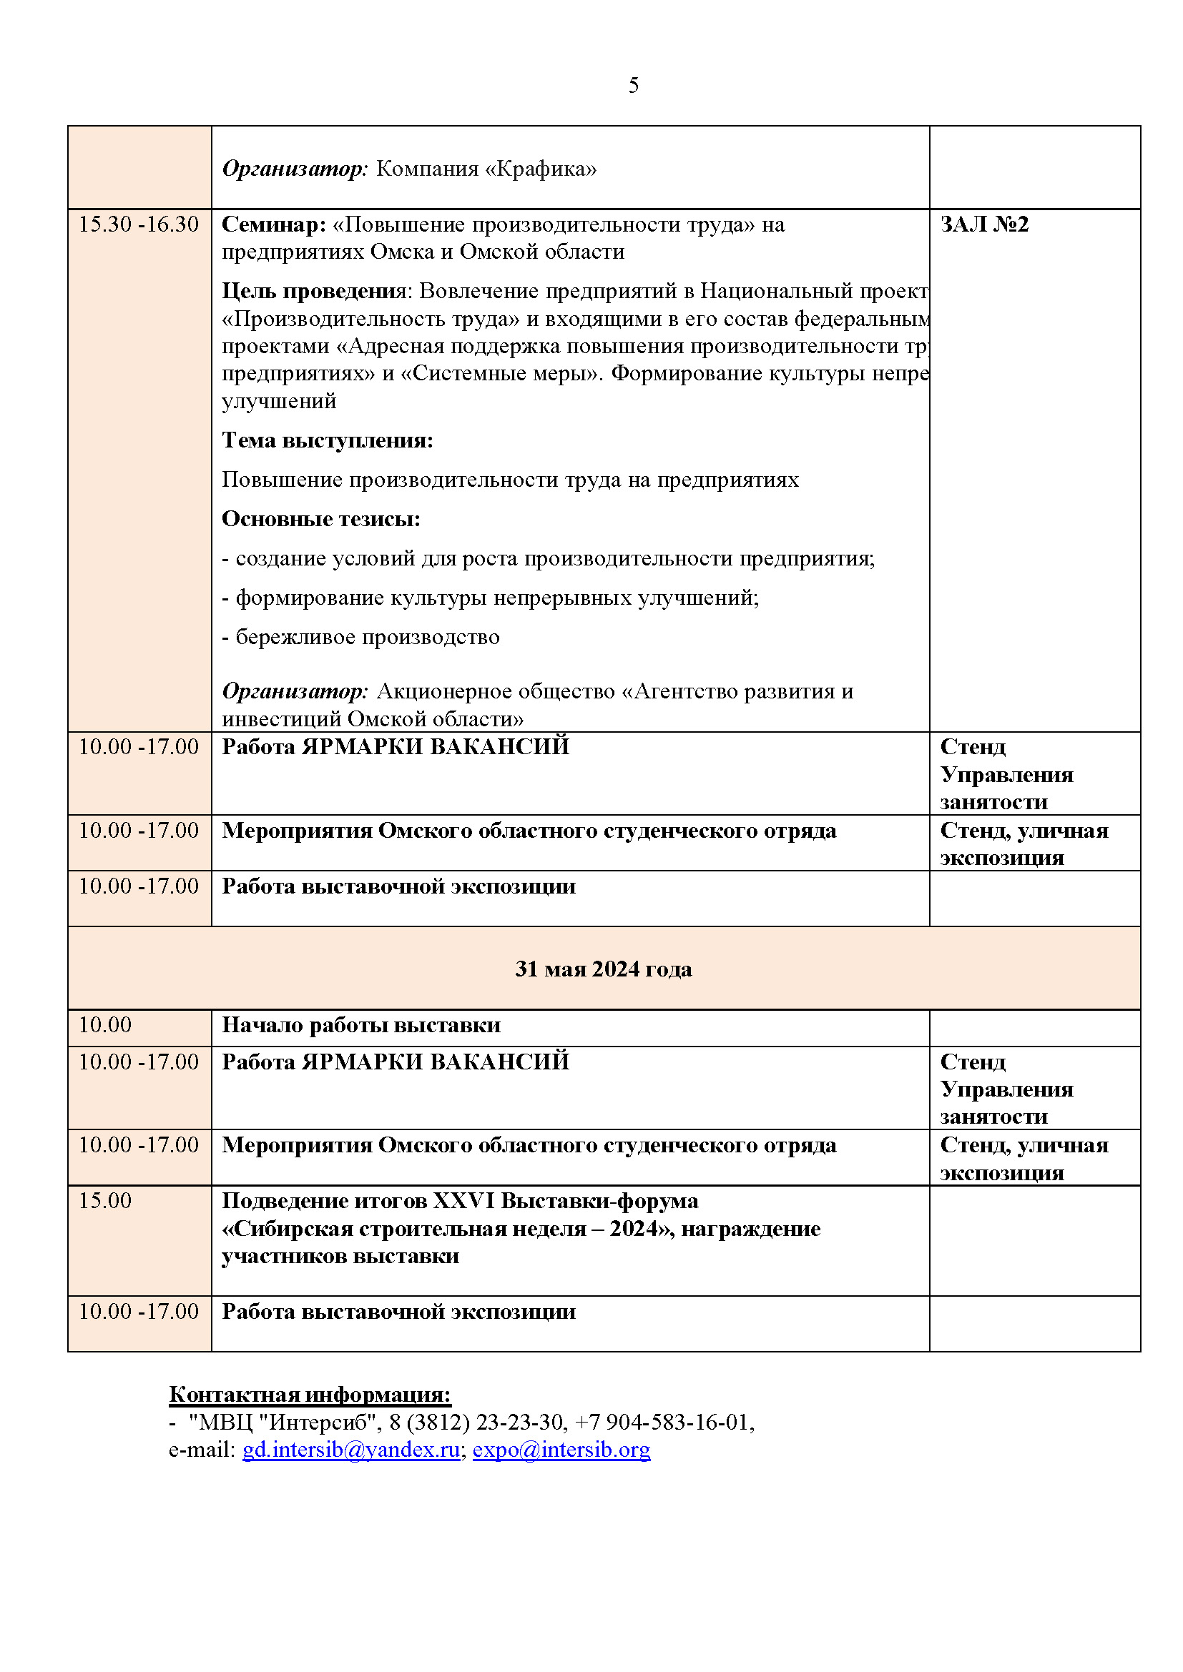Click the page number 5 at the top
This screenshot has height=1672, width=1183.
[x=633, y=86]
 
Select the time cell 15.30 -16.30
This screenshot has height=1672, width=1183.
[x=139, y=224]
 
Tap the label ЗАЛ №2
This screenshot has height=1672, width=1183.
[x=983, y=224]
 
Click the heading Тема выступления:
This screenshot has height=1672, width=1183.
[x=327, y=440]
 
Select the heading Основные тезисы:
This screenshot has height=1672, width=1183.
[x=320, y=519]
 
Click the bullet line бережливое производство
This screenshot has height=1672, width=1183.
[x=367, y=637]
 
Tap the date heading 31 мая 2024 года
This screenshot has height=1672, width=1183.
[x=603, y=969]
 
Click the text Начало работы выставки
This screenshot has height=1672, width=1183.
[x=360, y=1025]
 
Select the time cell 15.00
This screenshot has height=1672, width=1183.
[x=105, y=1201]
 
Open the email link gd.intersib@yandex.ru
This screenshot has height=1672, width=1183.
[x=350, y=1450]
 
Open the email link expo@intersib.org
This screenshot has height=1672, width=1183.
[x=561, y=1450]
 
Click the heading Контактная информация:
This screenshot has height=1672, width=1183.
[x=310, y=1395]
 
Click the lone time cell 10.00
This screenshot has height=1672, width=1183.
[x=105, y=1025]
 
